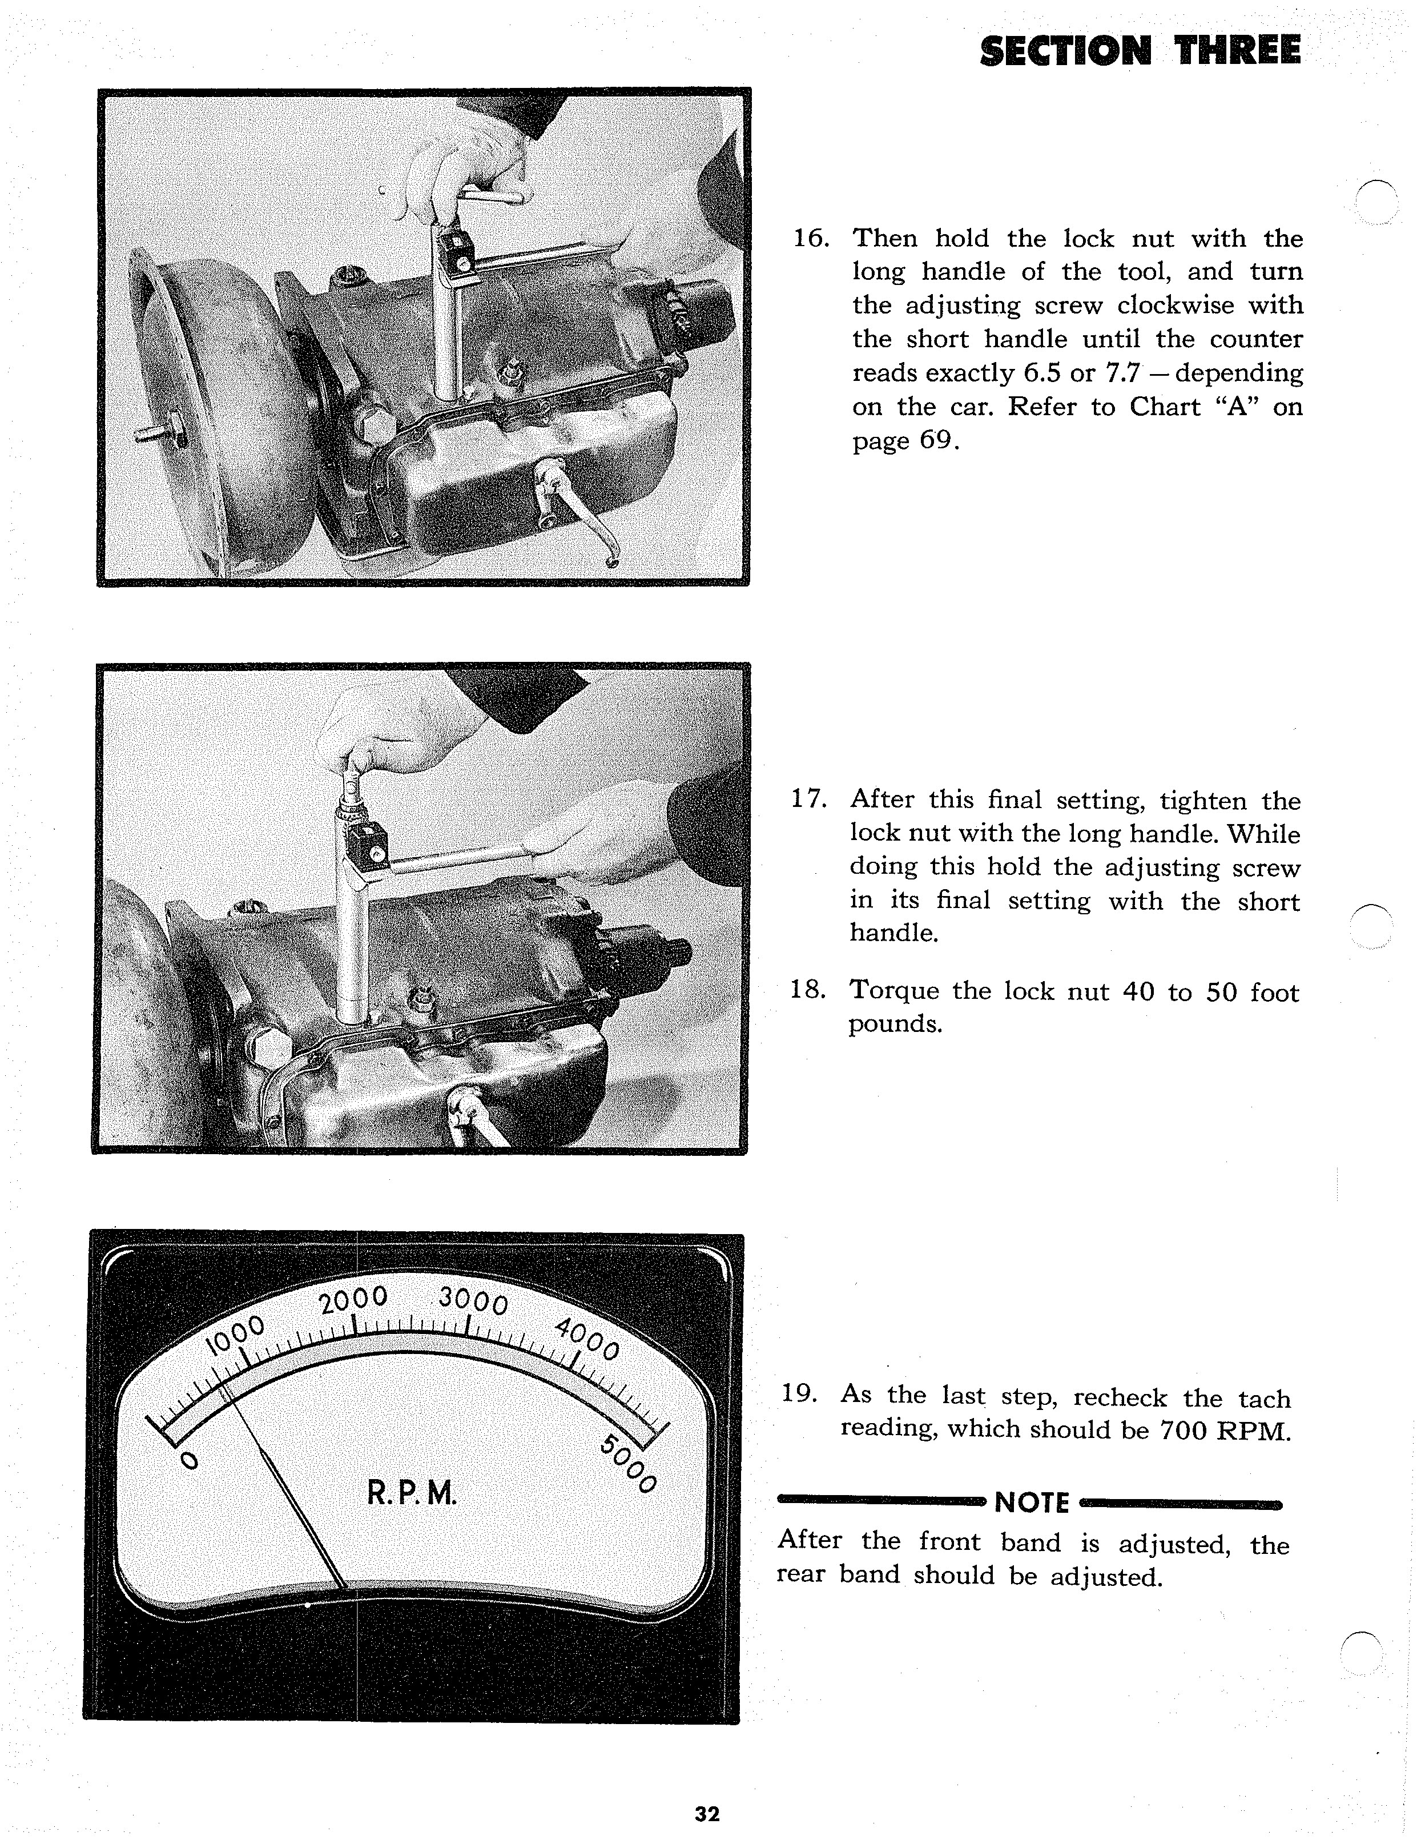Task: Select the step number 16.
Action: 811,239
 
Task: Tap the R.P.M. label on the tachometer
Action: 412,1493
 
